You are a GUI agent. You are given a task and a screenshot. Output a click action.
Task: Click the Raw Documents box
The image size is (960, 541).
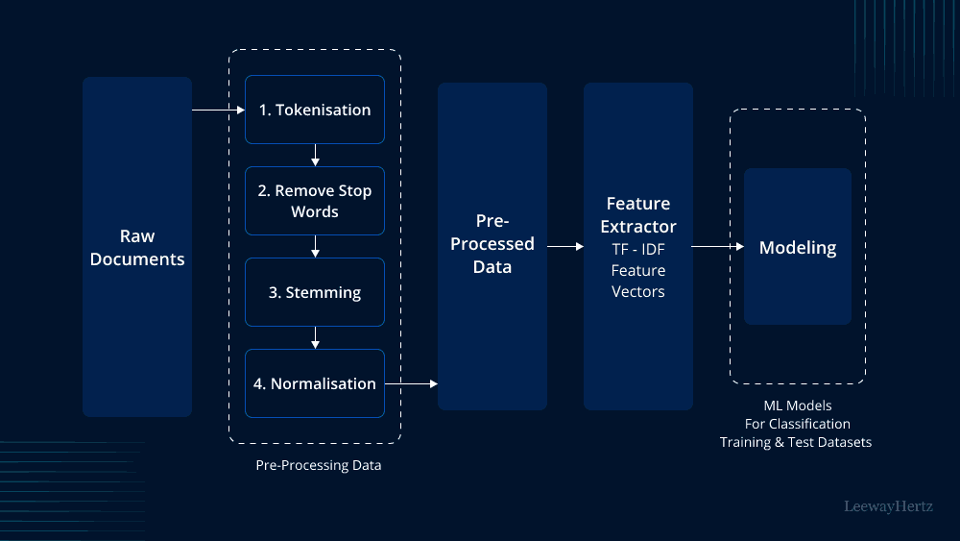click(137, 247)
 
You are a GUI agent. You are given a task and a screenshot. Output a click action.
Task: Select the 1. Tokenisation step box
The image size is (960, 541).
click(315, 110)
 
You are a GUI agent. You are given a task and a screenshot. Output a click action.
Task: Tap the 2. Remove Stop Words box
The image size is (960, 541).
click(315, 201)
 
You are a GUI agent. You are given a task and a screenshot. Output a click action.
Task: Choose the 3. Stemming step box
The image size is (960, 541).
click(315, 292)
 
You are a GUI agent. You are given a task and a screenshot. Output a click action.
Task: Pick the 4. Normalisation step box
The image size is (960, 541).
click(315, 383)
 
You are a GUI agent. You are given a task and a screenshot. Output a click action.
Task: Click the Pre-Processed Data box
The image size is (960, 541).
click(492, 246)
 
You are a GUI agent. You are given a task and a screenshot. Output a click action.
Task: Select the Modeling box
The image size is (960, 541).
click(798, 247)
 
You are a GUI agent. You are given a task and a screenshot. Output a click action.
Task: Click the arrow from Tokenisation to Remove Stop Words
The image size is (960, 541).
click(315, 156)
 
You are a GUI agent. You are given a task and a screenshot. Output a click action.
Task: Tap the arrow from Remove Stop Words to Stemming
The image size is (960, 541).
click(315, 247)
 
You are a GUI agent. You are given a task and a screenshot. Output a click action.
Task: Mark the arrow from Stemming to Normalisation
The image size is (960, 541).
click(315, 338)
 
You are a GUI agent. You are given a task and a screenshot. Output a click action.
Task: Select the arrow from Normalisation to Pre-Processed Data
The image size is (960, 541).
click(411, 384)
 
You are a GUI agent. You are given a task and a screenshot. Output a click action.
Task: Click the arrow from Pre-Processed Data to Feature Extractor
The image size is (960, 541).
click(565, 247)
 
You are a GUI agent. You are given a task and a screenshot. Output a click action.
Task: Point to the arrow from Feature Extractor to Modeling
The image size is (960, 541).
click(718, 247)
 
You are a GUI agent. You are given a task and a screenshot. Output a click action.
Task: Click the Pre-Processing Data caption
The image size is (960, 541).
click(318, 465)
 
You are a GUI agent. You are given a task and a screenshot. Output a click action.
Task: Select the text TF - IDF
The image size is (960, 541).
click(638, 250)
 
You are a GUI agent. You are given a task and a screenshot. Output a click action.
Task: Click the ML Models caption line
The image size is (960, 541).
click(798, 406)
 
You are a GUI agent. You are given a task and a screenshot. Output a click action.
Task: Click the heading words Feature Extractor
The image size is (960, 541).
click(638, 215)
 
